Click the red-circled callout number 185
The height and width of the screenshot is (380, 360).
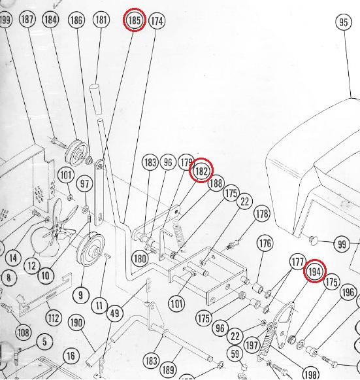[135, 21]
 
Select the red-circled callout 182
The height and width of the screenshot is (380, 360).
[201, 171]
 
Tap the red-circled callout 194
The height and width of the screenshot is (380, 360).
[315, 271]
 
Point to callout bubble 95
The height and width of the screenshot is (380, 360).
[344, 23]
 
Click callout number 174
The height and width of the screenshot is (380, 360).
[157, 21]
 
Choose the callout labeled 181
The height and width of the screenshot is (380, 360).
[101, 20]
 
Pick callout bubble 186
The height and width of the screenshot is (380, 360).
[76, 21]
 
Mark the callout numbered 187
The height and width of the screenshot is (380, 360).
[27, 20]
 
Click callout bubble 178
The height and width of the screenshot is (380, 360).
[262, 213]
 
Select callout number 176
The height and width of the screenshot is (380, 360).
[265, 244]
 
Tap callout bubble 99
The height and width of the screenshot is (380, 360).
[342, 244]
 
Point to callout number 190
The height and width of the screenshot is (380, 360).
[76, 322]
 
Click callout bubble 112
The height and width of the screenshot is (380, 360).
[54, 319]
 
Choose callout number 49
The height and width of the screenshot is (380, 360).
[115, 313]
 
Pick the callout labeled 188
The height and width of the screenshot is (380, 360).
[216, 184]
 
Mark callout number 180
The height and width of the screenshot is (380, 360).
[140, 258]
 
